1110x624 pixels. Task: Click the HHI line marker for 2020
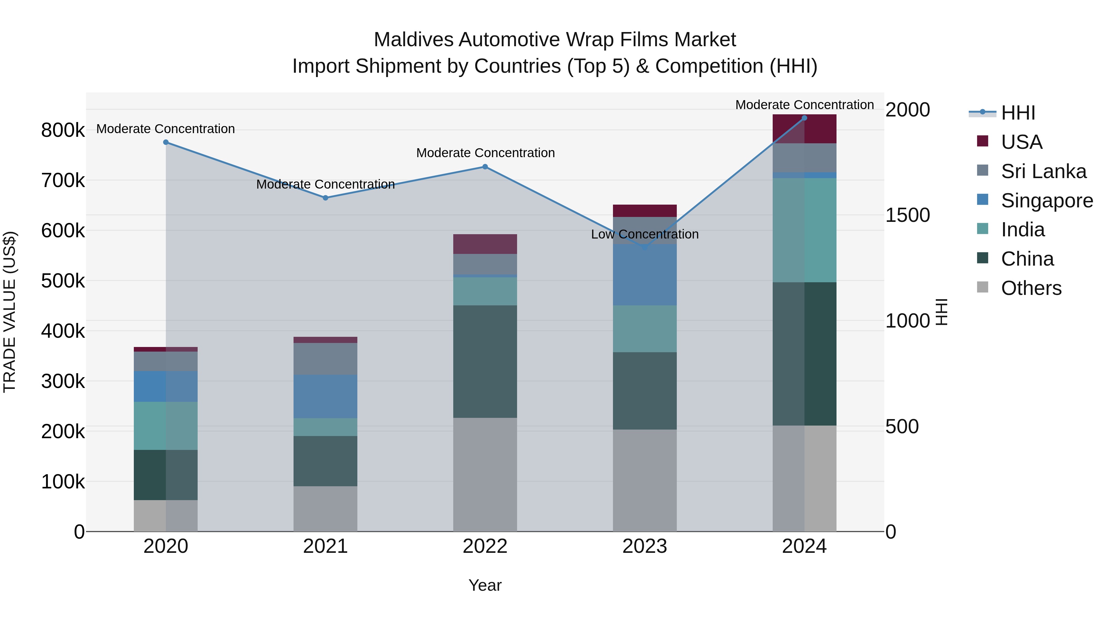tap(166, 142)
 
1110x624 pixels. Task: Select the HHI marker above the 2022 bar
tap(485, 167)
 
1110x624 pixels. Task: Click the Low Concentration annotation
tap(645, 234)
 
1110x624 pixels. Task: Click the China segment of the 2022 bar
tap(485, 362)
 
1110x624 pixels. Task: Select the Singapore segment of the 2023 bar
tap(645, 275)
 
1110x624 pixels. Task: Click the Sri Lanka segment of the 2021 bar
tap(325, 359)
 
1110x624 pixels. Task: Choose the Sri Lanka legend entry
tap(1043, 171)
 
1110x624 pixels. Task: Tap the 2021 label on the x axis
tap(325, 546)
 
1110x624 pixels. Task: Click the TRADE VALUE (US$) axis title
tap(10, 312)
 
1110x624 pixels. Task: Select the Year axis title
tap(485, 585)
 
